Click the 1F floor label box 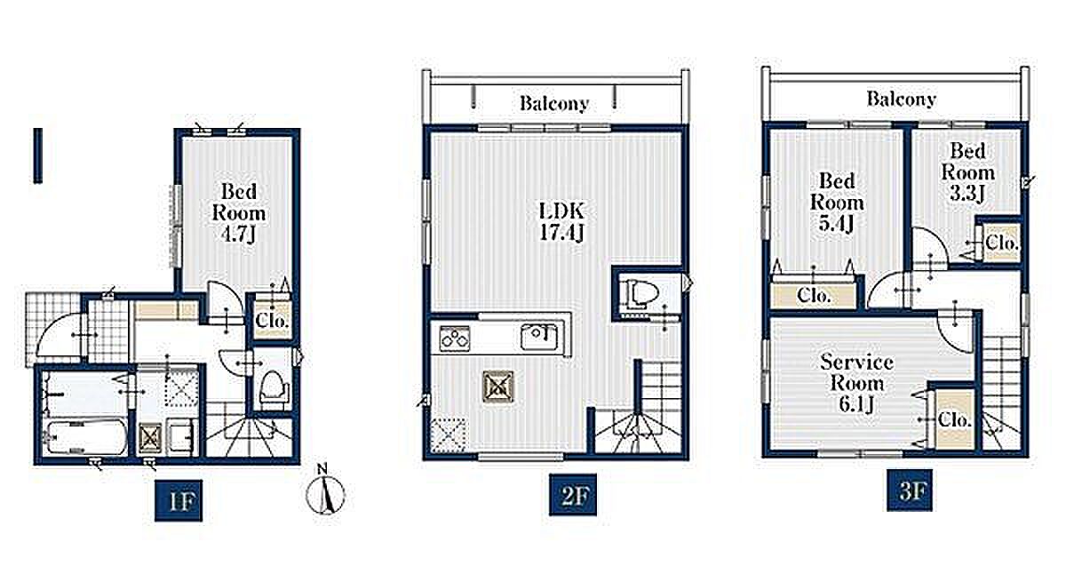(x=179, y=501)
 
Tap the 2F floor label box (x=572, y=495)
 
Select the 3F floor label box (x=910, y=490)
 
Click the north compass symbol (x=325, y=493)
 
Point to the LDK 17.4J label (x=561, y=221)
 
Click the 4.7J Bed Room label (x=238, y=212)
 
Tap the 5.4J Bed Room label (x=837, y=203)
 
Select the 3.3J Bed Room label (x=968, y=172)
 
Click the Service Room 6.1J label (x=856, y=383)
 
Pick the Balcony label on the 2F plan (x=554, y=103)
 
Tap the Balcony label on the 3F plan (x=902, y=99)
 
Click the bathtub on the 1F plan (x=84, y=437)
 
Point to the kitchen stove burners (x=455, y=338)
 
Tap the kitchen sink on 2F (x=540, y=337)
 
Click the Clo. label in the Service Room (x=955, y=420)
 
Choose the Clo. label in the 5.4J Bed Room (x=814, y=296)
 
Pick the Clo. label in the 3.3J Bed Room (x=1002, y=243)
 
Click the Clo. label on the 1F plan (x=272, y=320)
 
